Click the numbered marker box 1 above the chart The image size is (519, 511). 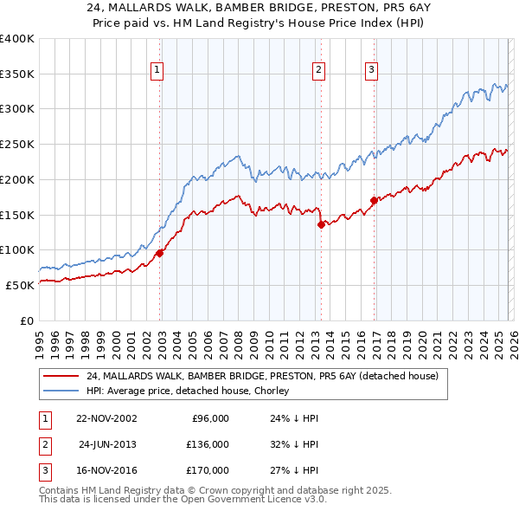click(x=157, y=71)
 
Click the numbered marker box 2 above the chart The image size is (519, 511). click(x=318, y=71)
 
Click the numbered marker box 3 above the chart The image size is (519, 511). click(x=371, y=71)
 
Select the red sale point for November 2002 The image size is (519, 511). click(x=160, y=253)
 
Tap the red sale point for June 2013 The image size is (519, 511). click(x=321, y=224)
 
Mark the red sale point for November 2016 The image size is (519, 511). click(x=374, y=200)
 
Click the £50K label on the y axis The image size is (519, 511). click(x=20, y=285)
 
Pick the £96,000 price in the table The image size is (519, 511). click(x=209, y=418)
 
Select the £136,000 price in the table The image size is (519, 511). click(x=207, y=444)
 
